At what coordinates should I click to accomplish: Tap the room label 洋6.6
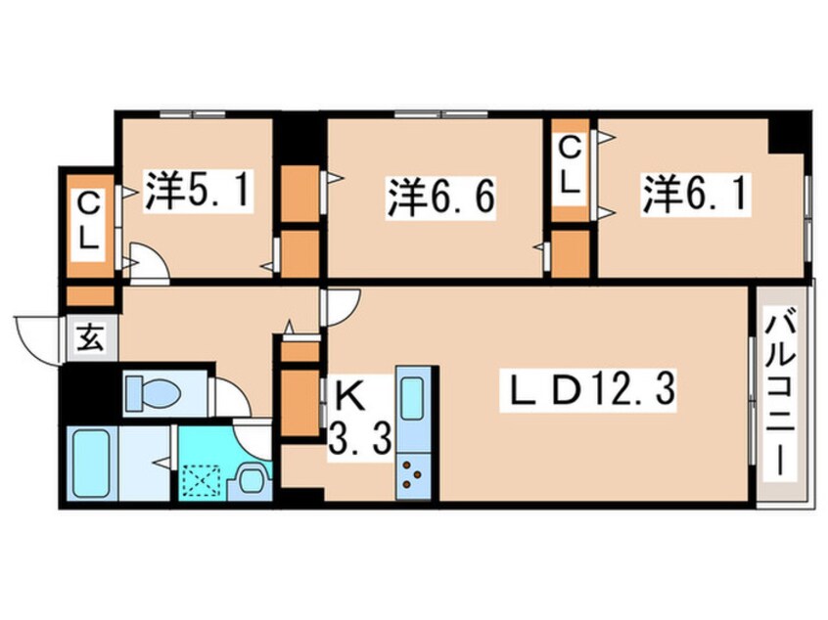[438, 199]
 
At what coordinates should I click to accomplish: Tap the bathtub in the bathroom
[93, 465]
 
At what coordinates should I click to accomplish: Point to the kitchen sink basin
[411, 399]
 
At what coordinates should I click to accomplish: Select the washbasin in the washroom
[250, 479]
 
